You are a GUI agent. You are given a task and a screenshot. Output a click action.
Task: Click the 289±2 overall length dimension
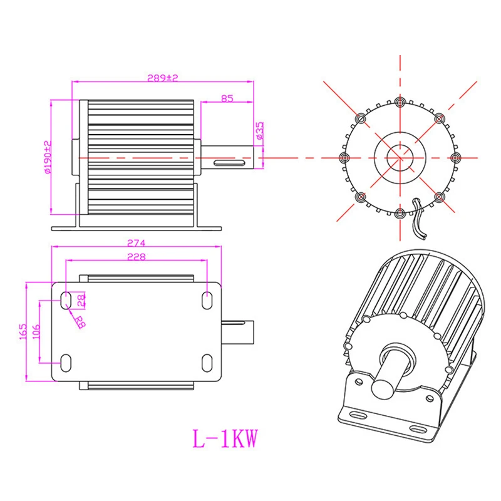[x=163, y=78]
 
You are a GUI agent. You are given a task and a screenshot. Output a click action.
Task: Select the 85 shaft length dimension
[x=227, y=98]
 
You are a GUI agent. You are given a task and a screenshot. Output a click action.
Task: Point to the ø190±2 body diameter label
[x=48, y=157]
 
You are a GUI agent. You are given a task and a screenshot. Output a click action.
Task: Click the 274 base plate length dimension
[x=136, y=242]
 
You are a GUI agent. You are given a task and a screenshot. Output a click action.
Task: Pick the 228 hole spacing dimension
[x=136, y=257]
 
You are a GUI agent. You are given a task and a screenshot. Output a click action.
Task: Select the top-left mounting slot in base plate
[x=66, y=300]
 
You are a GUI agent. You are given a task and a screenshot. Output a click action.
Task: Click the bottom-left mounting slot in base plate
[x=66, y=362]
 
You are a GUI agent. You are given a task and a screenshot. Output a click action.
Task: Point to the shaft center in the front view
[x=399, y=157]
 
